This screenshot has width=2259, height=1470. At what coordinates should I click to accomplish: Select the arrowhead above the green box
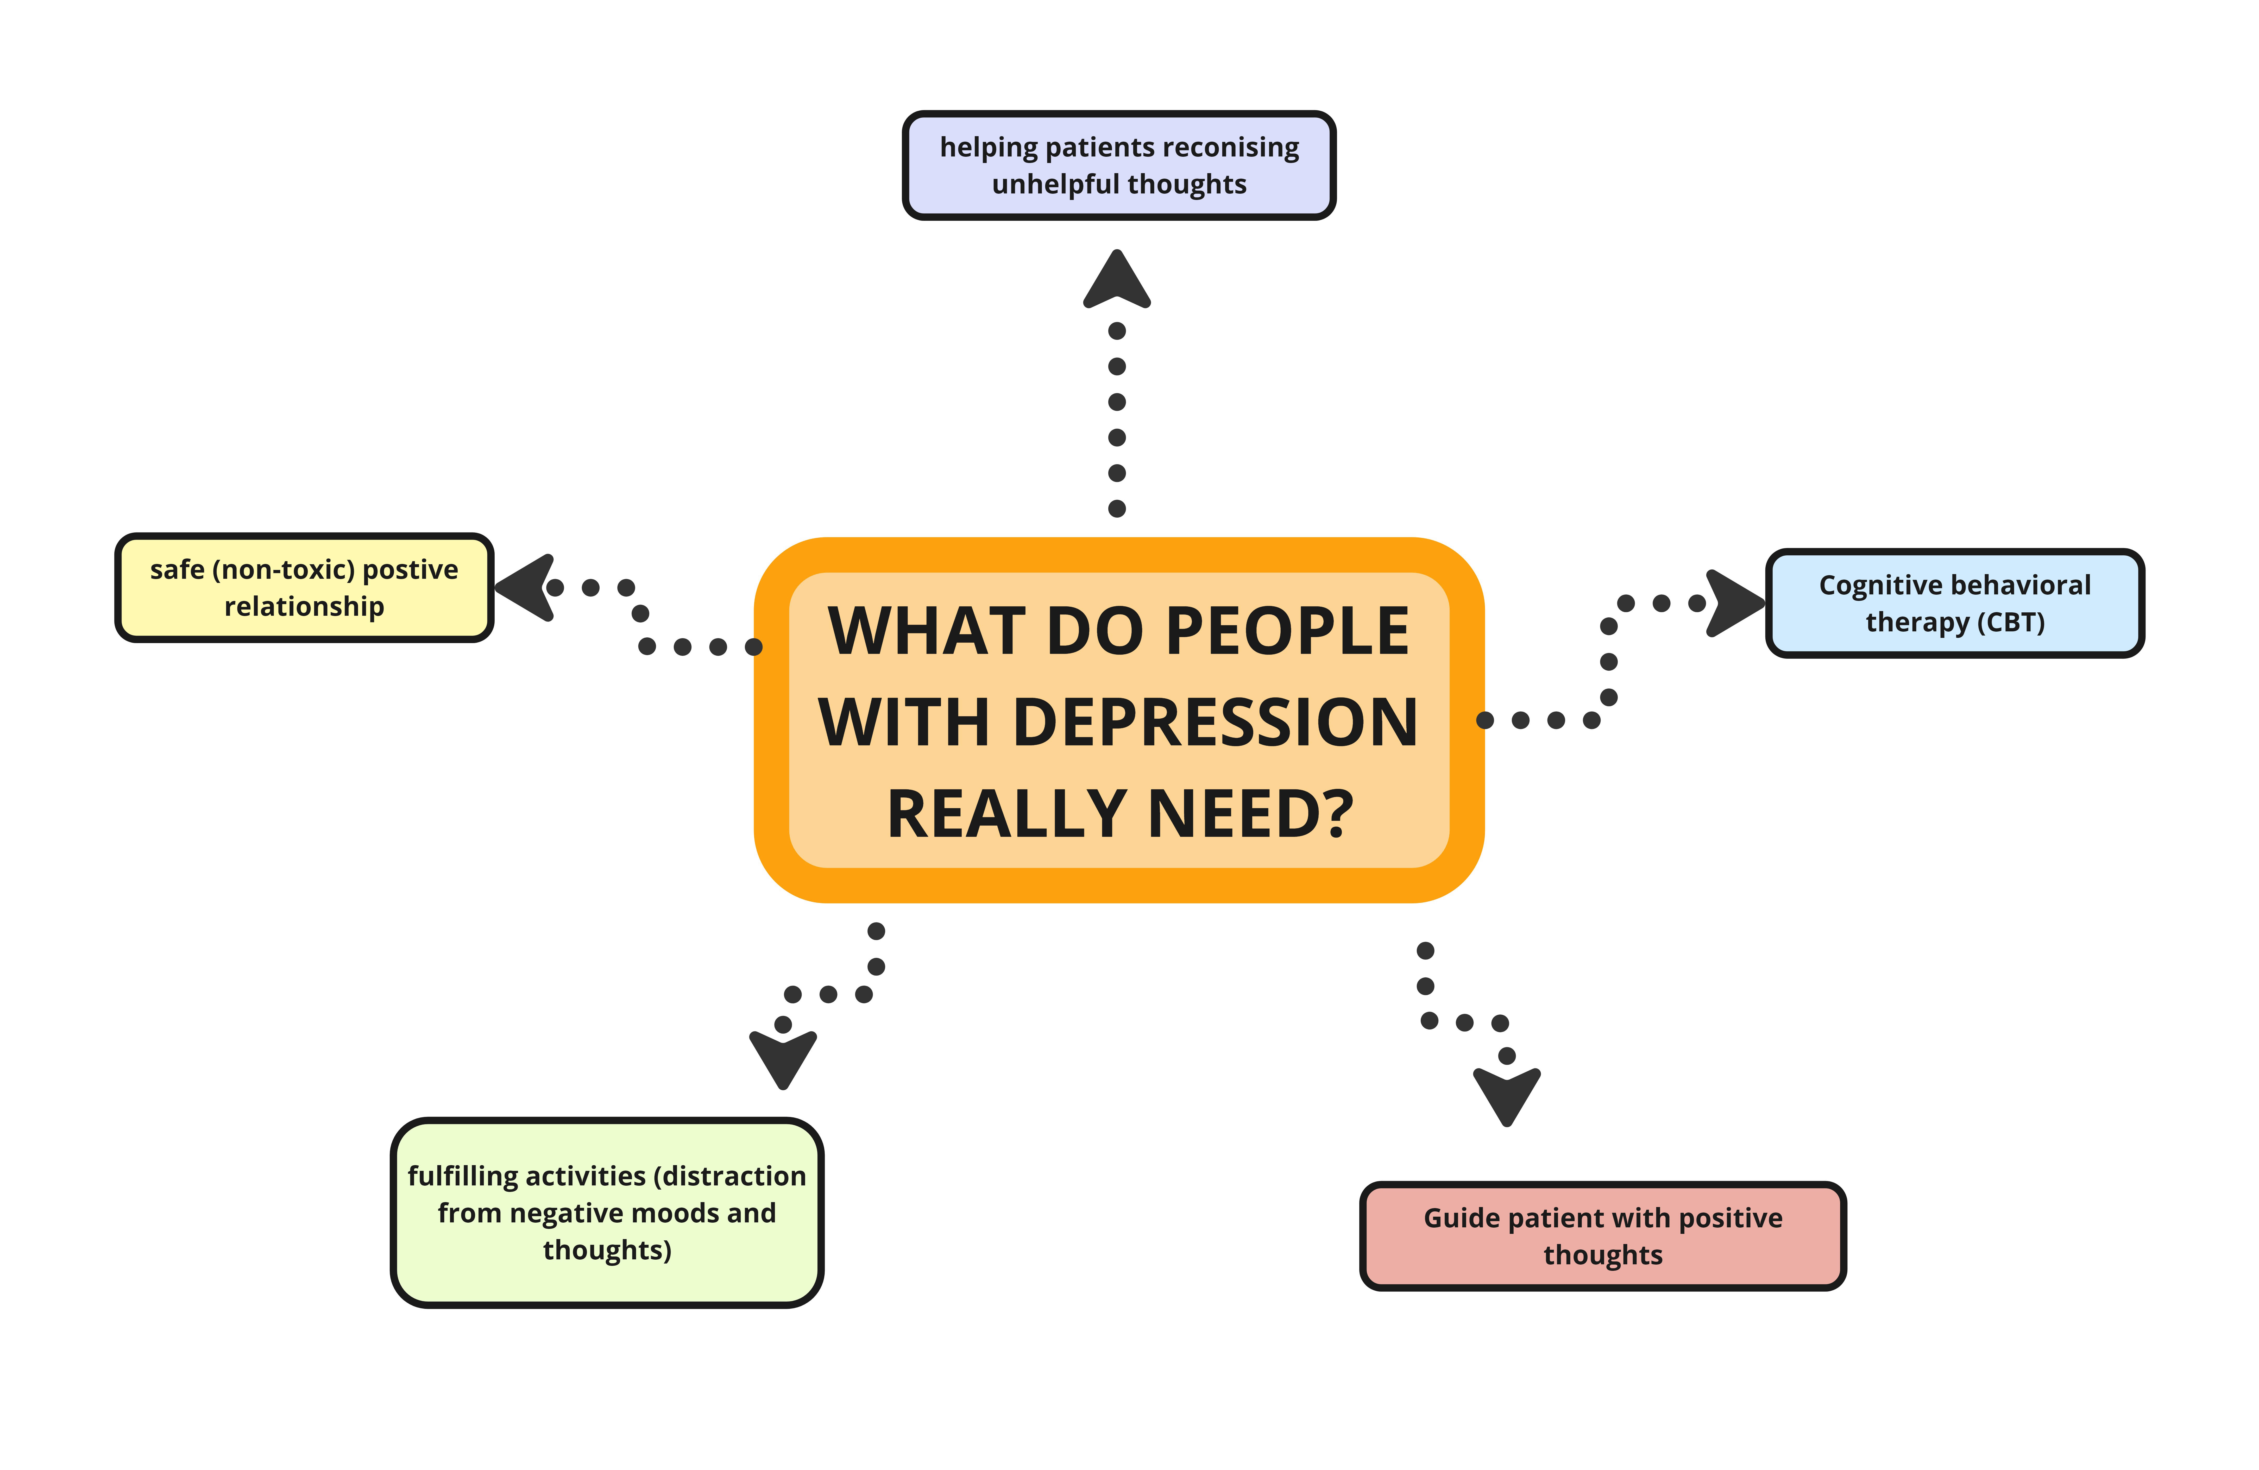point(783,1058)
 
